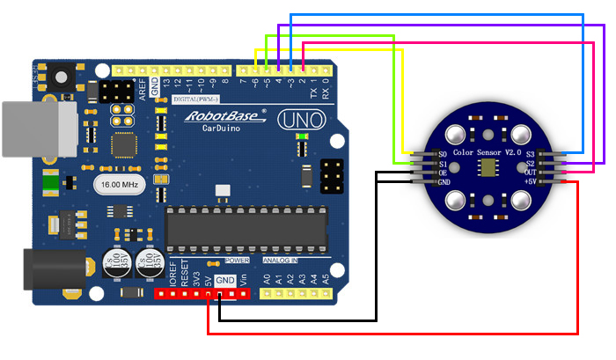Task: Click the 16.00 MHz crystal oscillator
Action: (x=116, y=185)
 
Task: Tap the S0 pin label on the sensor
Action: (x=444, y=155)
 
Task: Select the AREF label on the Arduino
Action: (x=143, y=89)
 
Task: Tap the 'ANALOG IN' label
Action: (x=281, y=261)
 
